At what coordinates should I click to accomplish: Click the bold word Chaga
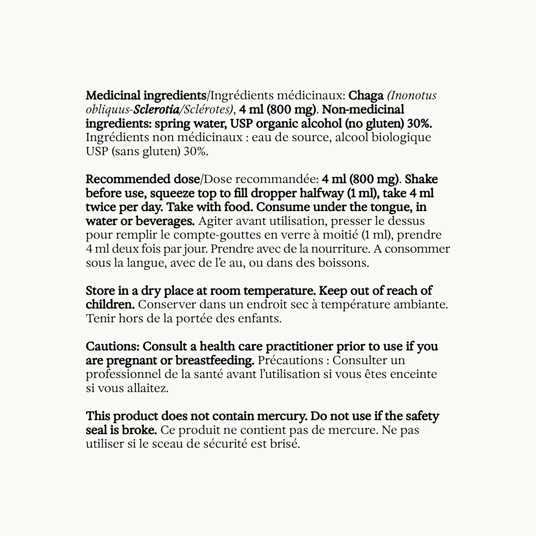[x=366, y=96]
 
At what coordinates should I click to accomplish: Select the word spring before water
[x=172, y=124]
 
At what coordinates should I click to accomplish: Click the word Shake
[x=421, y=180]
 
